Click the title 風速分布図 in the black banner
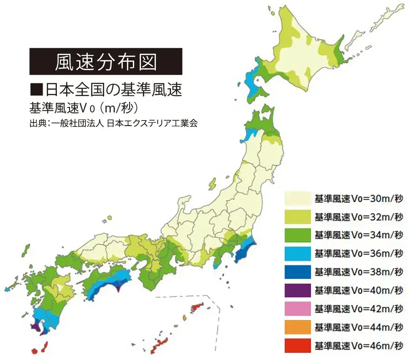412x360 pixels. coord(106,61)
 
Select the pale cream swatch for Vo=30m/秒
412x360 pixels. coord(297,198)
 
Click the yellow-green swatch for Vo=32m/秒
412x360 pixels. coord(297,217)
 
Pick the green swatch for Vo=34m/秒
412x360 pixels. coord(297,235)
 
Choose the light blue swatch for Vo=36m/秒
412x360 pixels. coord(297,254)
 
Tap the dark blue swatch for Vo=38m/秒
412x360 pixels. coord(297,272)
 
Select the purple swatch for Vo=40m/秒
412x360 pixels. coord(297,290)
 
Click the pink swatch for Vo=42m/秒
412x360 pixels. coord(297,309)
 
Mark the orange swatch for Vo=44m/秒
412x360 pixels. coord(297,327)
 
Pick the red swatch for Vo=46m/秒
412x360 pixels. coord(297,345)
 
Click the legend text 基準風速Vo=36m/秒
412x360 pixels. coord(359,254)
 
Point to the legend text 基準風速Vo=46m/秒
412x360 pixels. coord(359,345)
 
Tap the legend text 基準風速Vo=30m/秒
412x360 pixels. coord(359,198)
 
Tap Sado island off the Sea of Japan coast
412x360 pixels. coord(212,183)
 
